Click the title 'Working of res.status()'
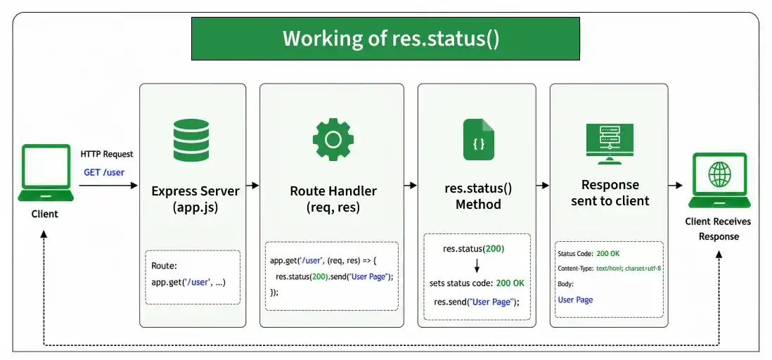pyautogui.click(x=391, y=39)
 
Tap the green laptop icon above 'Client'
pyautogui.click(x=46, y=172)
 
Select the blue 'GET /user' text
pyautogui.click(x=104, y=172)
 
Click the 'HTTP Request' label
pyautogui.click(x=107, y=154)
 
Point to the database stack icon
pyautogui.click(x=191, y=141)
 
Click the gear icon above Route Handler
pyautogui.click(x=333, y=139)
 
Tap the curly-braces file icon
pyautogui.click(x=479, y=140)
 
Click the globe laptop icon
pyautogui.click(x=719, y=180)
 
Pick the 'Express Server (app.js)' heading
pyautogui.click(x=195, y=199)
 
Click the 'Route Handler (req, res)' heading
pyautogui.click(x=333, y=199)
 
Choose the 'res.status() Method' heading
pyautogui.click(x=478, y=196)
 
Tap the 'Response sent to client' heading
pyautogui.click(x=610, y=193)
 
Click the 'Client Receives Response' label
pyautogui.click(x=719, y=229)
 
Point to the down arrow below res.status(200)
pyautogui.click(x=477, y=266)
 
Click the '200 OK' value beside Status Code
pyautogui.click(x=608, y=254)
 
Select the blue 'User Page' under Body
pyautogui.click(x=575, y=300)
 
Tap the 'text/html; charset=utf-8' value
pyautogui.click(x=629, y=269)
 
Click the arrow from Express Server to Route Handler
pyautogui.click(x=252, y=186)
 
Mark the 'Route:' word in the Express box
pyautogui.click(x=164, y=266)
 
